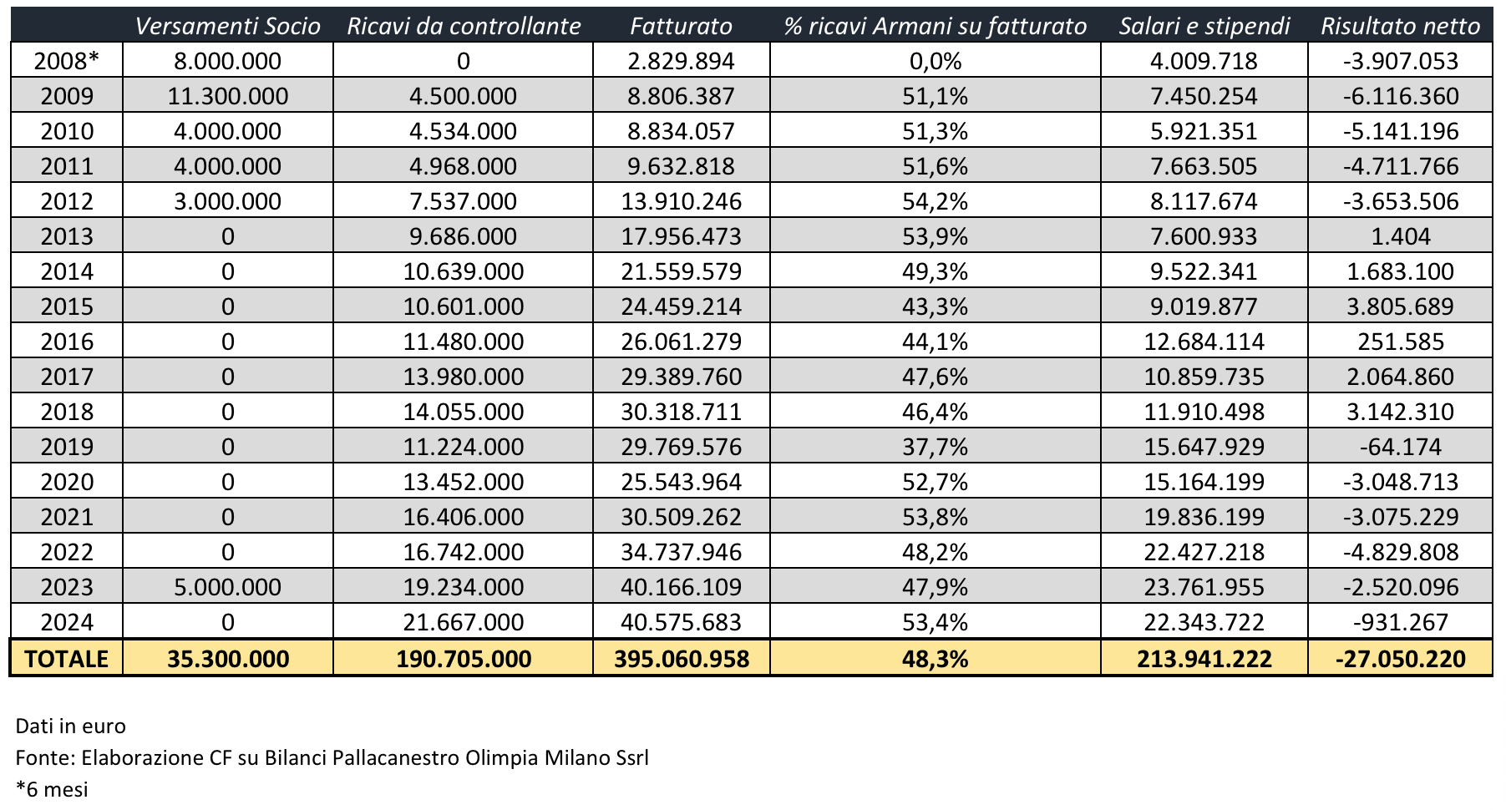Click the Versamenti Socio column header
(x=227, y=26)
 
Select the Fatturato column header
(x=681, y=26)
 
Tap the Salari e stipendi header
(x=1204, y=26)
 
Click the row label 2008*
(x=67, y=61)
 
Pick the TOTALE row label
(x=67, y=659)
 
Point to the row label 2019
(x=67, y=447)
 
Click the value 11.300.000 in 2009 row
(x=227, y=96)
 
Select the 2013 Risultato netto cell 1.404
(x=1400, y=236)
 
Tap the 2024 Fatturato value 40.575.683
(x=681, y=622)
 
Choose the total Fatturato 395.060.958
(x=681, y=659)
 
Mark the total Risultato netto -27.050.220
(x=1400, y=659)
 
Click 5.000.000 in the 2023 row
(x=227, y=587)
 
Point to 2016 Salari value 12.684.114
(x=1204, y=342)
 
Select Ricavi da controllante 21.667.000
(x=463, y=622)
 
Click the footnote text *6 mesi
(x=52, y=789)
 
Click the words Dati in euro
(x=70, y=726)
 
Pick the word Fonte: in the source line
(x=45, y=757)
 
